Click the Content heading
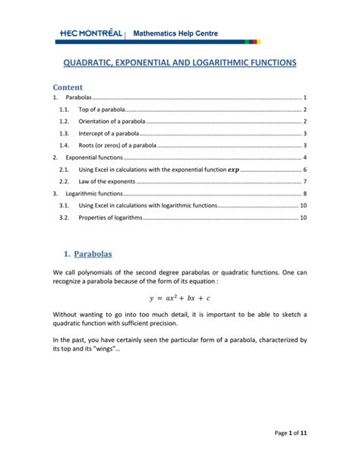coord(68,87)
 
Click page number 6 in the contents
coord(305,170)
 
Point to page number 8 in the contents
coord(305,195)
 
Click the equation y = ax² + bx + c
coord(180,298)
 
